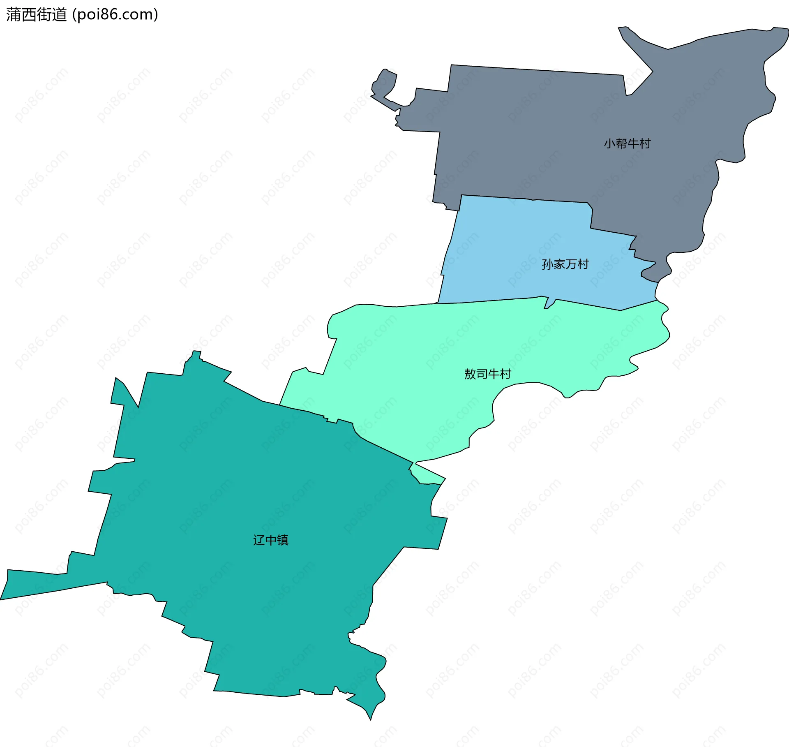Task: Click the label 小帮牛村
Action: (627, 143)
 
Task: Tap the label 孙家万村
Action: (565, 264)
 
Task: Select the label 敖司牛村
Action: (487, 374)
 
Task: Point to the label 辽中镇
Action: (271, 540)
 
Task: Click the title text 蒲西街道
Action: (36, 15)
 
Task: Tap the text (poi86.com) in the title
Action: (115, 15)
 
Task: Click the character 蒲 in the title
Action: (13, 15)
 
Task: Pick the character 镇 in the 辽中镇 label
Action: (283, 540)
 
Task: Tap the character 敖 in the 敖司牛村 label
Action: (470, 374)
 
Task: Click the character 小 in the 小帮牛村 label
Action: (609, 143)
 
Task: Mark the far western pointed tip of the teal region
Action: (2, 599)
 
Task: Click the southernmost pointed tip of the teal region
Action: (370, 719)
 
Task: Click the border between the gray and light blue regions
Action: (526, 199)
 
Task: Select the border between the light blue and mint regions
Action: (493, 301)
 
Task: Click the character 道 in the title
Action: (59, 15)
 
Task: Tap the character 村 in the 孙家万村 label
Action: (583, 264)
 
